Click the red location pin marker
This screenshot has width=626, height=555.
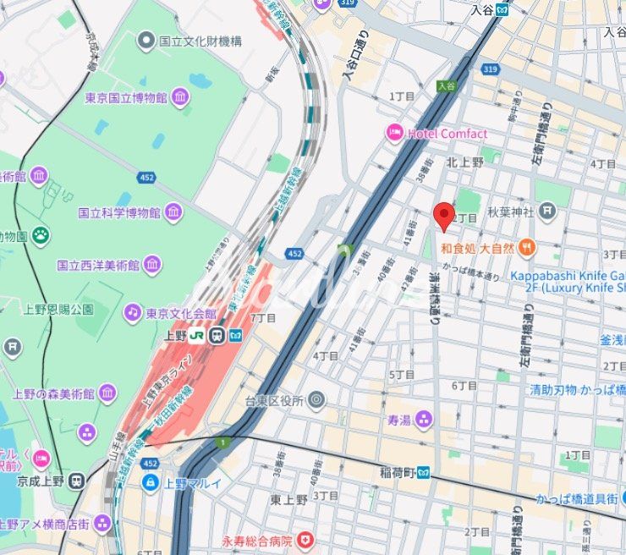pyautogui.click(x=444, y=216)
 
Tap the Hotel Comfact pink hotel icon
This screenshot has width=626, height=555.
pyautogui.click(x=394, y=133)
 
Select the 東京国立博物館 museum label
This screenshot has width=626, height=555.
pyautogui.click(x=125, y=98)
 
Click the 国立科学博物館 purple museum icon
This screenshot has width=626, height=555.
pyautogui.click(x=174, y=212)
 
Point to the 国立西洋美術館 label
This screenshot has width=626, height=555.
pyautogui.click(x=97, y=266)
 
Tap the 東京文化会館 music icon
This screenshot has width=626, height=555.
pyautogui.click(x=132, y=313)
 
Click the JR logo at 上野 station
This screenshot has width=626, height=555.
pyautogui.click(x=197, y=335)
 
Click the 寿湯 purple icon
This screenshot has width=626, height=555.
pyautogui.click(x=423, y=419)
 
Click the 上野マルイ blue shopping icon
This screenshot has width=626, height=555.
pyautogui.click(x=150, y=483)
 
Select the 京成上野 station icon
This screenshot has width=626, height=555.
pyautogui.click(x=77, y=481)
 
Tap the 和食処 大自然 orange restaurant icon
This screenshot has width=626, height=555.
pyautogui.click(x=527, y=247)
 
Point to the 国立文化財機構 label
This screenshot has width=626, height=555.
pyautogui.click(x=200, y=40)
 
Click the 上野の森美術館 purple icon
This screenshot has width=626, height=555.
pyautogui.click(x=107, y=393)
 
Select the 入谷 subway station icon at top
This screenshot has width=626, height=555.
pyautogui.click(x=502, y=9)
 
